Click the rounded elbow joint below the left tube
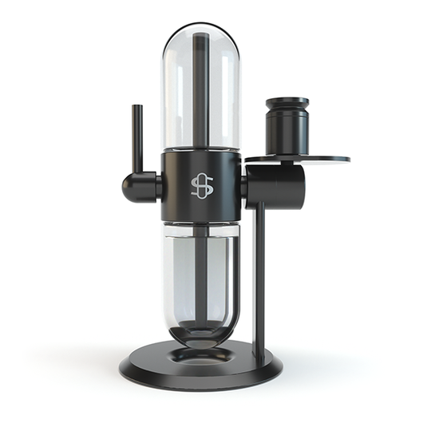(133, 186)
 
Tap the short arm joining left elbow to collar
(154, 187)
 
